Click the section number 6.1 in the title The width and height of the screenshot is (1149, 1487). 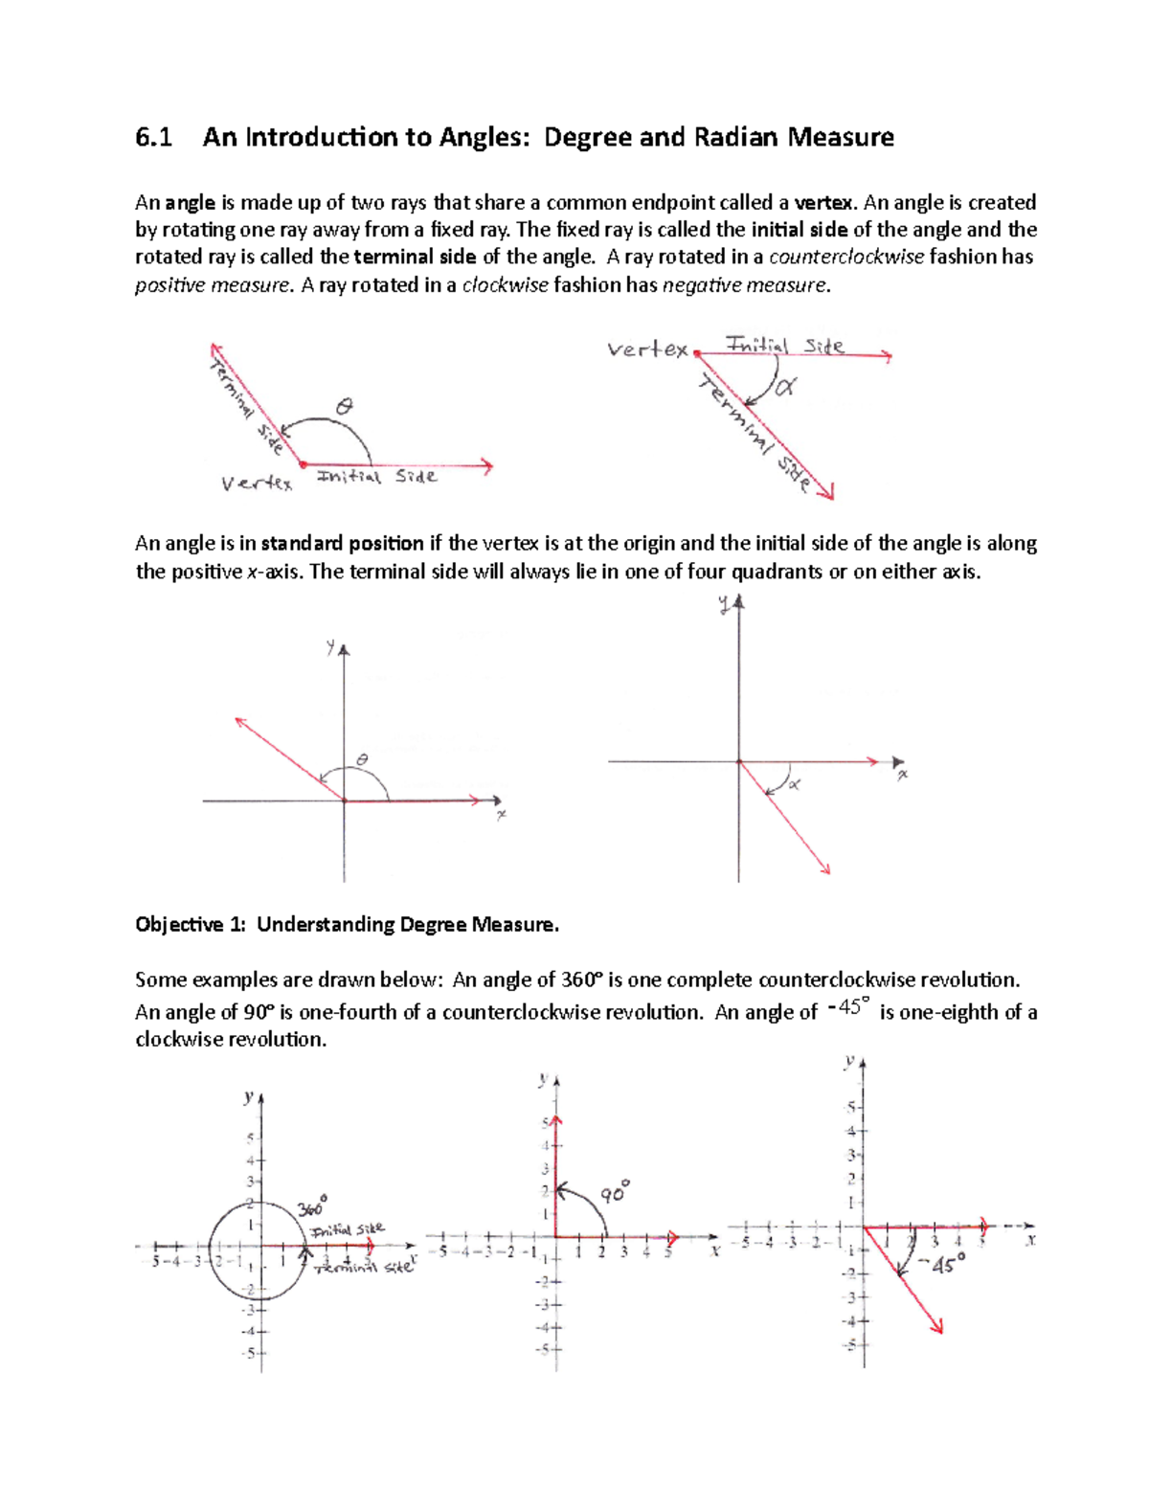[x=153, y=138]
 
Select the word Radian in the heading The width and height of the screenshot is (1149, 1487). [x=736, y=138]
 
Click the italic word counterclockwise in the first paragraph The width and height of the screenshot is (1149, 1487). [x=846, y=257]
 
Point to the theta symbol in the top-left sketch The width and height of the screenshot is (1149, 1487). [x=343, y=407]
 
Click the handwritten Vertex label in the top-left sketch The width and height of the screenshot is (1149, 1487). [x=256, y=484]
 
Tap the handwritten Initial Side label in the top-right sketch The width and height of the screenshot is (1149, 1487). [x=785, y=345]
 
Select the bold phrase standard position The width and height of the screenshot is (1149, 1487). [x=342, y=544]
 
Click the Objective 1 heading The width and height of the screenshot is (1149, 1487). [x=347, y=925]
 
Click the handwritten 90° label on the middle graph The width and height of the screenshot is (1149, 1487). [x=615, y=1194]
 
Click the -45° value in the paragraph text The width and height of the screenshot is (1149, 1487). [x=847, y=1008]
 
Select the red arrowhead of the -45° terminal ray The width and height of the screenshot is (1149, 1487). [x=937, y=1326]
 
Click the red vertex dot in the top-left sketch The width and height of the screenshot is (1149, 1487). [x=303, y=464]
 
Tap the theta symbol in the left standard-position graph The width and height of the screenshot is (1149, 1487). [x=361, y=759]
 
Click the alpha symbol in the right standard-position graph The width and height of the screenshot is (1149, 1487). [x=794, y=784]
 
